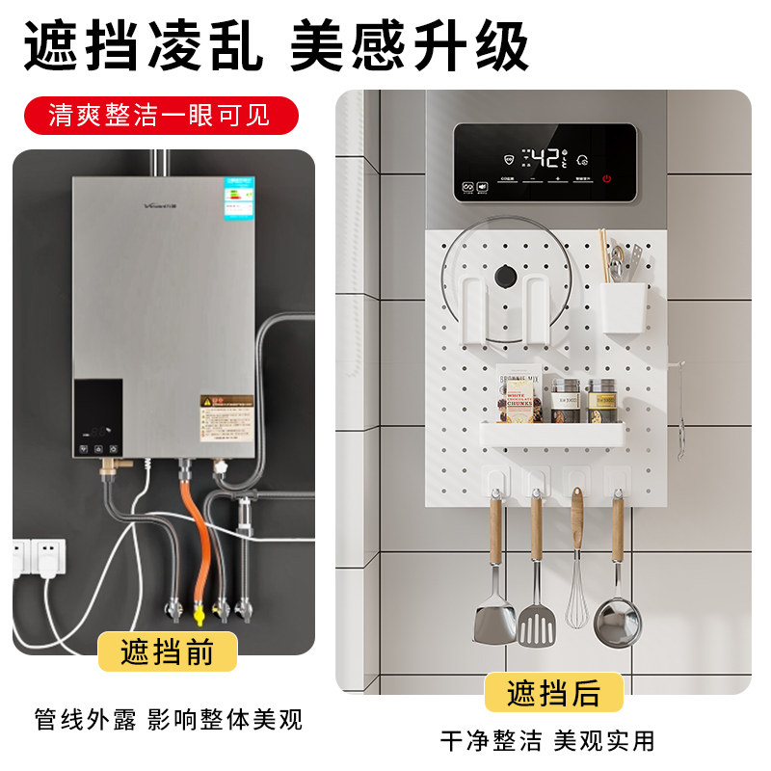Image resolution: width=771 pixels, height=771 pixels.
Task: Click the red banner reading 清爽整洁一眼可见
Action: point(160,116)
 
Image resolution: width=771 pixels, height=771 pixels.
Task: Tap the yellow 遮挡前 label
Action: point(168,651)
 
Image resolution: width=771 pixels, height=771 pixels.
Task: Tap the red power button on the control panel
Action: point(607,178)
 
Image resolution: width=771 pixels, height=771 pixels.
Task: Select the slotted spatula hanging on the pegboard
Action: point(535,622)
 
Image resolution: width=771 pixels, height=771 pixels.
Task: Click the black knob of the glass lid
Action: point(503,278)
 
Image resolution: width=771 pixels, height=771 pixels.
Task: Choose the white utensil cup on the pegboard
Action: point(623,302)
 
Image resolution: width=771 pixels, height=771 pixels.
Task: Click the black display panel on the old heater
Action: point(98,416)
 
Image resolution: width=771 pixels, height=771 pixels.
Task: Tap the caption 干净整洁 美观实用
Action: point(546,740)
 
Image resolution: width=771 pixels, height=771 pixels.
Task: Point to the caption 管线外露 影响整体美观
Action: point(168,718)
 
